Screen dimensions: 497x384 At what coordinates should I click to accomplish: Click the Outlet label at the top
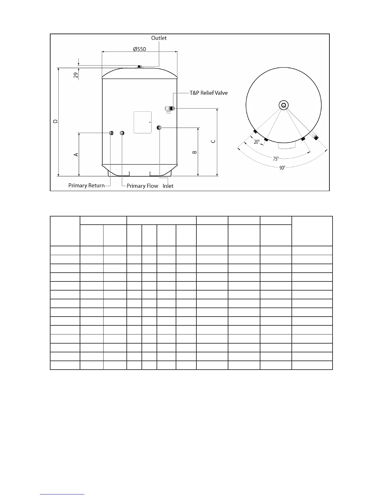pyautogui.click(x=159, y=38)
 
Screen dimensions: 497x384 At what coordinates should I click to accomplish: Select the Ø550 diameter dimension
pyautogui.click(x=139, y=49)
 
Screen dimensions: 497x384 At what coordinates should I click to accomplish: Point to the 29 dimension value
pyautogui.click(x=76, y=75)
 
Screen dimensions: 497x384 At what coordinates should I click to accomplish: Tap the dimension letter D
pyautogui.click(x=56, y=121)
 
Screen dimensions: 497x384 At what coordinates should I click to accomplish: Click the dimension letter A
pyautogui.click(x=76, y=155)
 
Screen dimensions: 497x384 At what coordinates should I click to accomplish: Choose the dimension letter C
pyautogui.click(x=213, y=142)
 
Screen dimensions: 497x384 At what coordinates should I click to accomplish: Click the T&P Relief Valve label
pyautogui.click(x=209, y=93)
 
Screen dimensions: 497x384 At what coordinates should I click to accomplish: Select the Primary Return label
pyautogui.click(x=87, y=185)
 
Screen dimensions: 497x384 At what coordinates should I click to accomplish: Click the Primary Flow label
pyautogui.click(x=142, y=186)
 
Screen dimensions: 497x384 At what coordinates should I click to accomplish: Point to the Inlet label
pyautogui.click(x=168, y=186)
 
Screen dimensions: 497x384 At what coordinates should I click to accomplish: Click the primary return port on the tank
pyautogui.click(x=111, y=133)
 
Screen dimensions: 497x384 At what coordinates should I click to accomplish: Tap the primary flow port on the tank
pyautogui.click(x=122, y=133)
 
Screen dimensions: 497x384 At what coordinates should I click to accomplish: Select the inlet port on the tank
pyautogui.click(x=159, y=127)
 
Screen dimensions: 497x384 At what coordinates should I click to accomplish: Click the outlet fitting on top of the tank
pyautogui.click(x=140, y=66)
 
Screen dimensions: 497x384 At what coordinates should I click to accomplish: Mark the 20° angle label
pyautogui.click(x=257, y=142)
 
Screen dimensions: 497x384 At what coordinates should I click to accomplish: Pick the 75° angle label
pyautogui.click(x=275, y=159)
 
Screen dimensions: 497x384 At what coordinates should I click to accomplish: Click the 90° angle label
pyautogui.click(x=282, y=168)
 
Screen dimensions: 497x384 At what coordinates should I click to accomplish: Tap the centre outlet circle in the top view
pyautogui.click(x=284, y=105)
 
